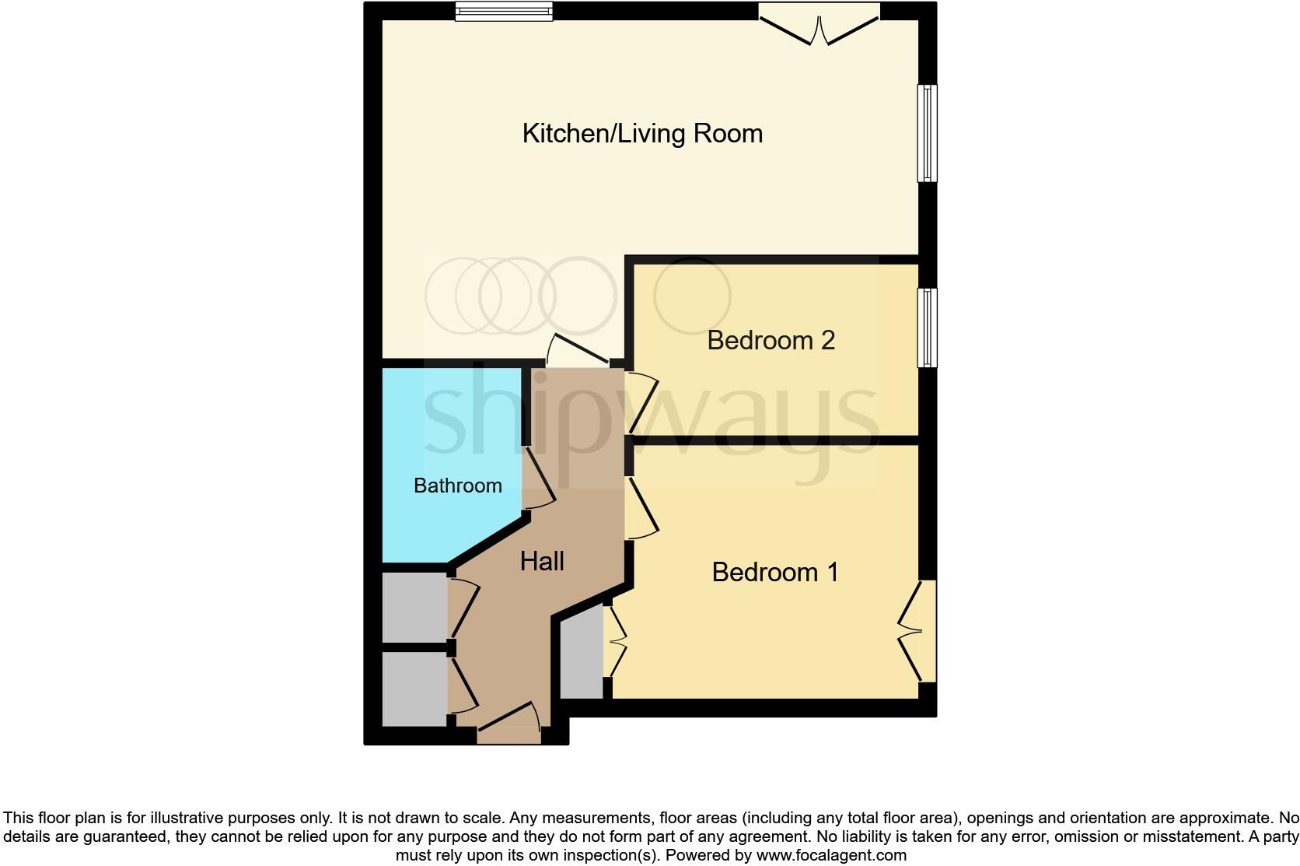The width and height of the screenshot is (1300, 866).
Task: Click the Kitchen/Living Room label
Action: coord(641,133)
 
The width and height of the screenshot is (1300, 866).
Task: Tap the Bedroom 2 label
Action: coord(771,340)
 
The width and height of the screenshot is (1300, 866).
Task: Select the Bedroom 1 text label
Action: coord(774,572)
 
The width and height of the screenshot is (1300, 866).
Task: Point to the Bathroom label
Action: coord(457,486)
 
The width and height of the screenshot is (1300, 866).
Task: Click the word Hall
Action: coord(542,561)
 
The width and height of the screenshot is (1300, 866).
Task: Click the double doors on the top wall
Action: coord(819,25)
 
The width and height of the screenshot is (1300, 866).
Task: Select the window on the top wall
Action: coord(504,11)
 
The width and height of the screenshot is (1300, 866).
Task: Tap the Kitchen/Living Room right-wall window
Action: coord(928,133)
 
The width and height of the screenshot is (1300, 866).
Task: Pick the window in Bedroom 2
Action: coord(928,327)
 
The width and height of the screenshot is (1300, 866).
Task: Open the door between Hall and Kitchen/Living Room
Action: coord(578,352)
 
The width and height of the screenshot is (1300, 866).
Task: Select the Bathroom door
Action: coord(539,476)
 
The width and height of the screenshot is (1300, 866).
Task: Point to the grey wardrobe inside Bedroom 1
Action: coord(582,652)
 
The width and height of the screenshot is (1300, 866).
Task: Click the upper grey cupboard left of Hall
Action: coord(414,608)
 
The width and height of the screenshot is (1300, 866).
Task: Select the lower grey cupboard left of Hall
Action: coord(414,689)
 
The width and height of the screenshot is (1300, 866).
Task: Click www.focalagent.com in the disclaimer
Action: coord(830,855)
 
